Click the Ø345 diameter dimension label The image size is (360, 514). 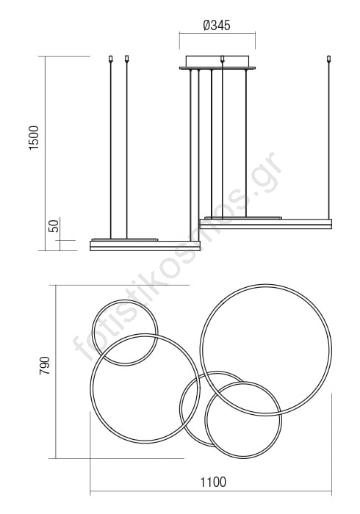[217, 25]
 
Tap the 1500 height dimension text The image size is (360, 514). [34, 138]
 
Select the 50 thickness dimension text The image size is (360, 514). [54, 226]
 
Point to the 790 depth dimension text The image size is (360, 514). [45, 366]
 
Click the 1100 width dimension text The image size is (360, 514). [213, 482]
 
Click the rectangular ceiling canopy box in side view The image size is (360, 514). [217, 61]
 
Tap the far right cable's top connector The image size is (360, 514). [329, 59]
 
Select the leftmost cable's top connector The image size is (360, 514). [110, 59]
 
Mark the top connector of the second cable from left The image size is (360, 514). [127, 59]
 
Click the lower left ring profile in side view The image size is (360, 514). [145, 246]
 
